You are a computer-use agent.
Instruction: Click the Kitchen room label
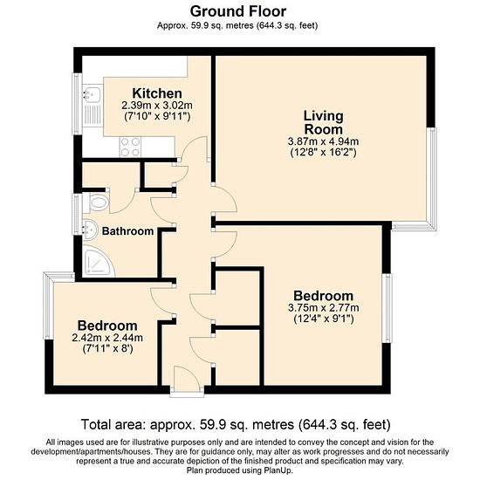click(157, 93)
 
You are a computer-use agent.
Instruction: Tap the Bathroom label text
click(127, 231)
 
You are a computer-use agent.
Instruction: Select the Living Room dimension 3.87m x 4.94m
click(323, 141)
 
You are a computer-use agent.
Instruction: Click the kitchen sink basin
click(92, 94)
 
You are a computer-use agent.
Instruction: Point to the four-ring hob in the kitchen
click(130, 147)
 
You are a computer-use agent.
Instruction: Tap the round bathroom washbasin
click(90, 230)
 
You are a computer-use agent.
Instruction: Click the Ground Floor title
click(238, 11)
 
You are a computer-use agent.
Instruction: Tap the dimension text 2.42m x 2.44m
click(107, 338)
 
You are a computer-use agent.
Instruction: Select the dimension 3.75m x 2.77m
click(324, 308)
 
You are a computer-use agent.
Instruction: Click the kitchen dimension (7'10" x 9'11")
click(157, 117)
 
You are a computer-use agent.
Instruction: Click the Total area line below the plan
click(236, 425)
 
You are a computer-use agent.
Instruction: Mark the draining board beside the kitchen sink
click(92, 113)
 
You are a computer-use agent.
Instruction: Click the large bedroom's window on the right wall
click(388, 308)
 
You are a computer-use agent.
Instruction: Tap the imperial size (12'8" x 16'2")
click(323, 153)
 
